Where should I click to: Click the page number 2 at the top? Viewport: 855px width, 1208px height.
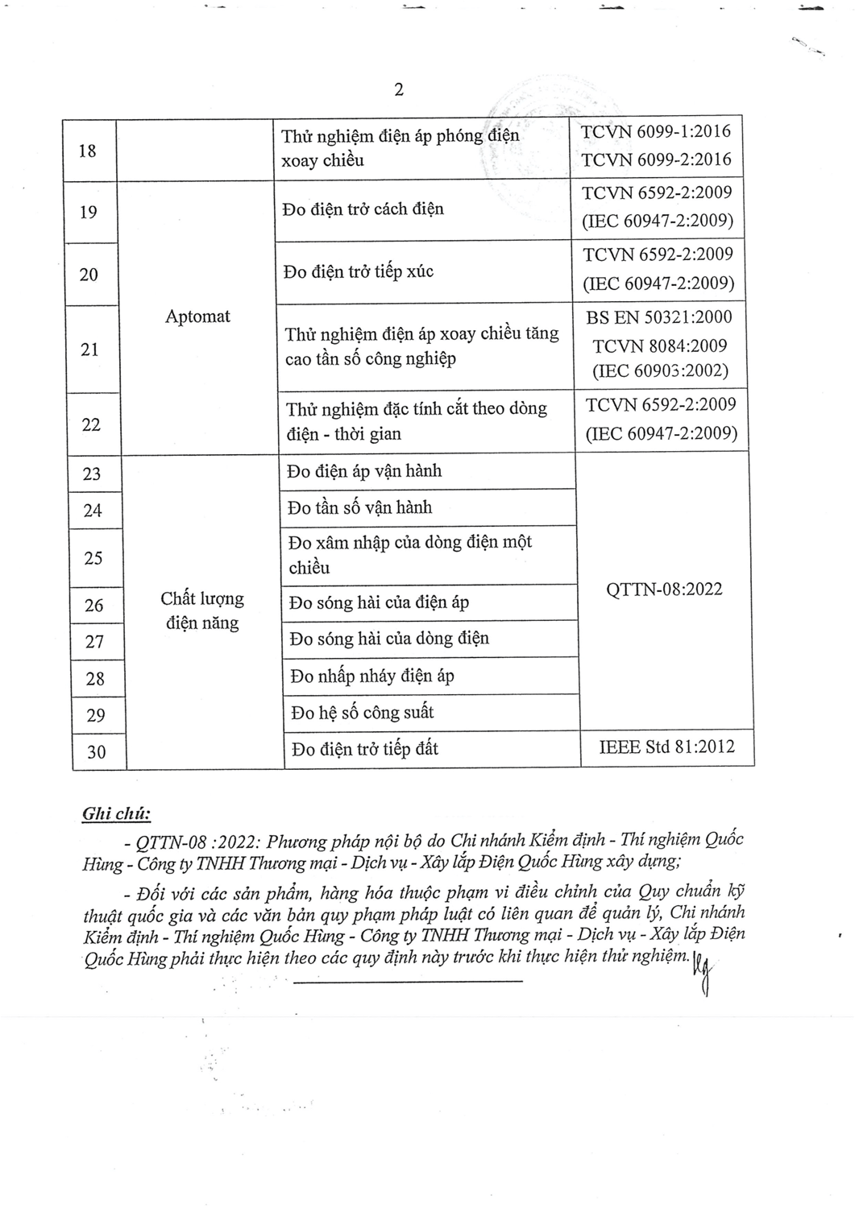[398, 89]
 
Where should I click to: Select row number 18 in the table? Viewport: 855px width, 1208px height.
[88, 151]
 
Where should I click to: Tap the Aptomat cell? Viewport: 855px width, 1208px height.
[197, 316]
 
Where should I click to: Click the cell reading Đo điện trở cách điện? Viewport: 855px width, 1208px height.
[363, 209]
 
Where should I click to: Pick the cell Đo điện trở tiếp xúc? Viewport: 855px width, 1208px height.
[359, 271]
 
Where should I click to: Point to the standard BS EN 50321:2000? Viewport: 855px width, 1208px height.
[659, 317]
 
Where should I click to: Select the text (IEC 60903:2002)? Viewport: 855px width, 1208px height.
[660, 371]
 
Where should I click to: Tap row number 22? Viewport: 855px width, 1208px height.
[91, 424]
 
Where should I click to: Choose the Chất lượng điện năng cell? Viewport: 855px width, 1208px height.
[201, 610]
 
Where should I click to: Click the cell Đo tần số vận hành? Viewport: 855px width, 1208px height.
[360, 508]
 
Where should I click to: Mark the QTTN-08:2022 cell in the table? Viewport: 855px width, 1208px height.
[664, 590]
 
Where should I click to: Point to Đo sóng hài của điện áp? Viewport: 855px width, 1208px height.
[379, 602]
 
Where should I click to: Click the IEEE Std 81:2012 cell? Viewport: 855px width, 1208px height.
[666, 747]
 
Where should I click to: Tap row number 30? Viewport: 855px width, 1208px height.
[96, 752]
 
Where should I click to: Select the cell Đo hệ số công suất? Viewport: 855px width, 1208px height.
[363, 713]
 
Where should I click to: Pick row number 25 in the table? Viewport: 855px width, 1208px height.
[93, 557]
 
